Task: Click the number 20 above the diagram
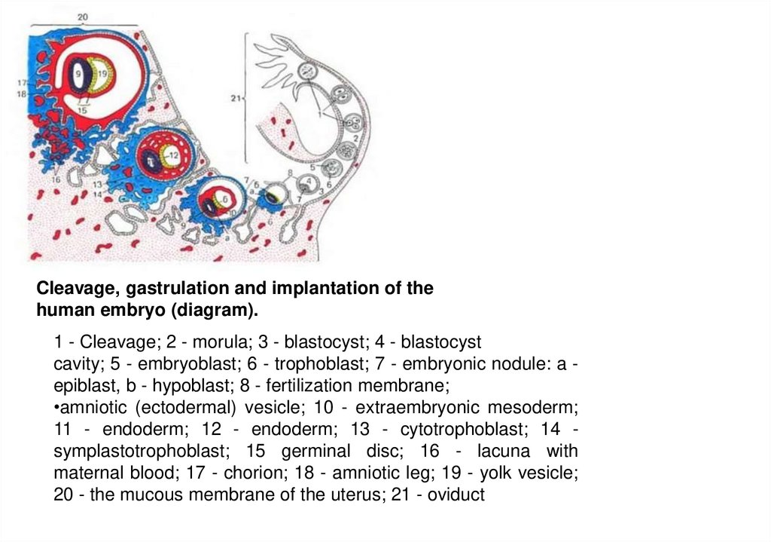[83, 14]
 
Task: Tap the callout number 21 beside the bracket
[235, 97]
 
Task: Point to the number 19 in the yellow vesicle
[102, 73]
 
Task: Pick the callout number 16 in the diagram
[56, 180]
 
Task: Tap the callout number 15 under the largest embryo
[82, 110]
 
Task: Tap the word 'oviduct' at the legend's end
[457, 495]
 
